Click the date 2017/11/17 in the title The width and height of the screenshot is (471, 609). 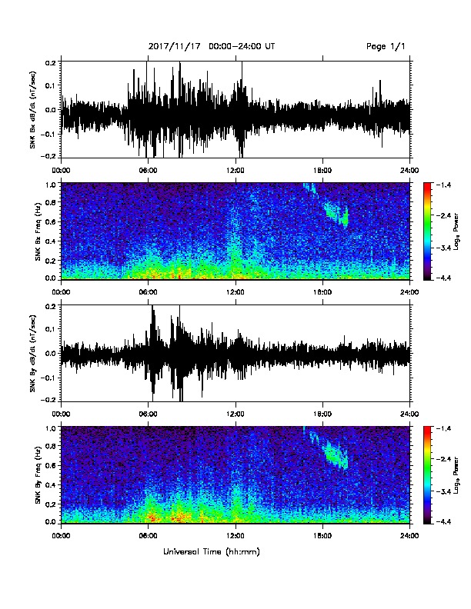175,47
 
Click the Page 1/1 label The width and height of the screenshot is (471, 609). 386,47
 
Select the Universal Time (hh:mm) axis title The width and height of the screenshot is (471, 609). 212,551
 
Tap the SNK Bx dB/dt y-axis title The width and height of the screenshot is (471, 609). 32,109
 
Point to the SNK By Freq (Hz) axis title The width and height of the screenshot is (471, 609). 38,474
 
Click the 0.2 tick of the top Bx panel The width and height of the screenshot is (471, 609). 52,62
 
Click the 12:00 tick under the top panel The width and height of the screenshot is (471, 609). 235,171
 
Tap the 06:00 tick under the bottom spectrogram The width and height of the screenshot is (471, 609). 148,536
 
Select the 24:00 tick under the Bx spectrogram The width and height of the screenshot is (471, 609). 410,292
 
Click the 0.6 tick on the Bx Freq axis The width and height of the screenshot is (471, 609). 52,221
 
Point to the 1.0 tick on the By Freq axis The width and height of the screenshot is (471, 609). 52,428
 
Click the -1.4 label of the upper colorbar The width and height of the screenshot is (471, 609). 444,185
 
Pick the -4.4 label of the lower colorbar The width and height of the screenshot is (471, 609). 444,522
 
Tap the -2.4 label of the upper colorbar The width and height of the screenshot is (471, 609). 444,215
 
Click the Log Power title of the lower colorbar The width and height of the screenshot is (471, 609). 456,475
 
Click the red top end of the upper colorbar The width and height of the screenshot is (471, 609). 427,185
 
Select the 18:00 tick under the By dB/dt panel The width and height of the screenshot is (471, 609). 322,414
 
